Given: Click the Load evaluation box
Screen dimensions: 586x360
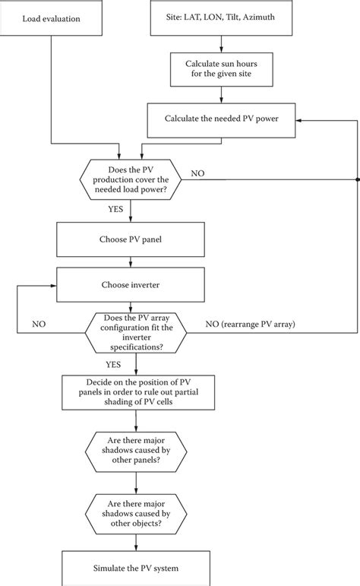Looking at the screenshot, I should click(51, 17).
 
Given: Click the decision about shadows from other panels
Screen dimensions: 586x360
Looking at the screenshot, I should click(136, 448).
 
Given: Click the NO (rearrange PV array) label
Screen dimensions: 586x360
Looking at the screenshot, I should click(251, 324).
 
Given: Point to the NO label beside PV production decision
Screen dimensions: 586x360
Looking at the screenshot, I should click(197, 173).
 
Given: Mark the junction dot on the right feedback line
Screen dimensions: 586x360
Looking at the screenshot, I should click(356, 180).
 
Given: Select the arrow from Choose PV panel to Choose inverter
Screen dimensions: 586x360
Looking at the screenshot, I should click(131, 267).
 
